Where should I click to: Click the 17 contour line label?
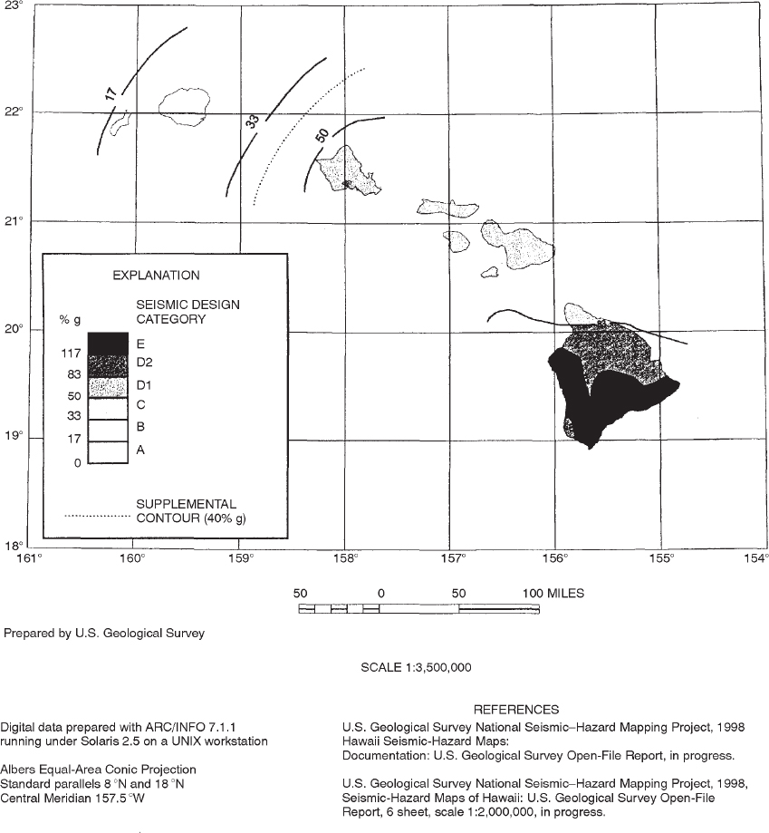tap(110, 93)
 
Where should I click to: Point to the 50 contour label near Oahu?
tap(322, 136)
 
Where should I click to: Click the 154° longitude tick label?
tap(755, 557)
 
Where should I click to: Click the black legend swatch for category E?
tap(108, 344)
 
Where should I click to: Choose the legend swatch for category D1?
tap(108, 385)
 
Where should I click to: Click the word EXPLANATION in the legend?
tap(156, 275)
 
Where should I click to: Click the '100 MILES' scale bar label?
tap(553, 594)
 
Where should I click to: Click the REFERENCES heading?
tap(516, 710)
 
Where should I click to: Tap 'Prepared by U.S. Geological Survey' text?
tap(104, 634)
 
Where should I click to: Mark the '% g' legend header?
tap(71, 319)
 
